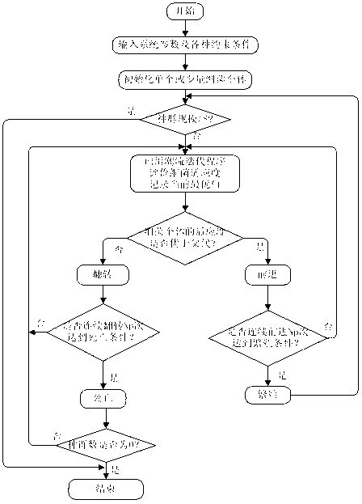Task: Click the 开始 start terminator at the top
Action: click(x=185, y=11)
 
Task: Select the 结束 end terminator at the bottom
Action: click(x=106, y=488)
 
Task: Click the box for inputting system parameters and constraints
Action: click(x=185, y=45)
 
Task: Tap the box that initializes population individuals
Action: click(x=185, y=79)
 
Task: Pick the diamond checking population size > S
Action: click(x=185, y=118)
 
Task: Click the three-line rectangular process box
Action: click(x=185, y=173)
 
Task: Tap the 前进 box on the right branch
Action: click(x=267, y=274)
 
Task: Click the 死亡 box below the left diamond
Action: click(x=103, y=397)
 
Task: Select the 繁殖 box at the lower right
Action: click(x=267, y=394)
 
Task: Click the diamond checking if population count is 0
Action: click(x=106, y=444)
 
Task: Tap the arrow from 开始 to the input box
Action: click(x=185, y=28)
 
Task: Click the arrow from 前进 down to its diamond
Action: click(x=267, y=296)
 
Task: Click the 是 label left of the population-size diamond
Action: click(x=130, y=111)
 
